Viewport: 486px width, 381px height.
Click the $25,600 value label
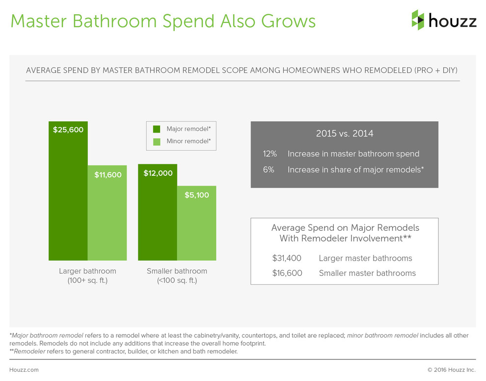pos(68,130)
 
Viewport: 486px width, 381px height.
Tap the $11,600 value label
pos(107,174)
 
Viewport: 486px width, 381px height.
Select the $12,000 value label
pos(158,173)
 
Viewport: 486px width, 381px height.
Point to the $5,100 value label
pos(196,195)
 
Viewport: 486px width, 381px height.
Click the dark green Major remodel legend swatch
pos(157,129)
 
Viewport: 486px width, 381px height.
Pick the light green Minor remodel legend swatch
pos(157,141)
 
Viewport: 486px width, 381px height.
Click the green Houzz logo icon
pos(418,20)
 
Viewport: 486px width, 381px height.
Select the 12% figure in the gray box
pos(270,154)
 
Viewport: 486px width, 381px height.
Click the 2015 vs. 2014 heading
pos(344,134)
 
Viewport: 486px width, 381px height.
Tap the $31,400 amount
pos(287,258)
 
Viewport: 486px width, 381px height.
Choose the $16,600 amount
pos(287,273)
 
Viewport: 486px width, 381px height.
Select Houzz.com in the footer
pos(24,370)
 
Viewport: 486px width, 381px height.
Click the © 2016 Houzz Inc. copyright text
pos(452,370)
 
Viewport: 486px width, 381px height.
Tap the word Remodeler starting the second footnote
pos(29,352)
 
